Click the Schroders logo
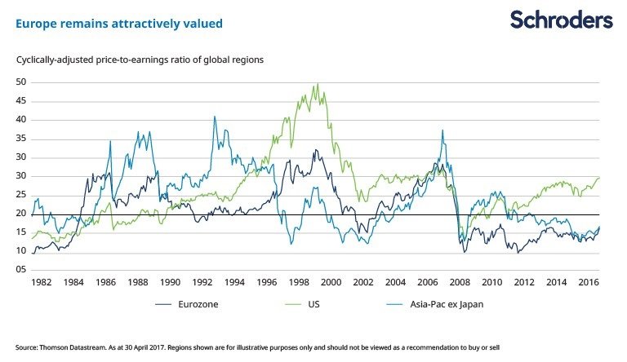[x=561, y=20]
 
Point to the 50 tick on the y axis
[x=21, y=82]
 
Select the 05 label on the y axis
[x=21, y=269]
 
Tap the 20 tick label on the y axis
[x=21, y=214]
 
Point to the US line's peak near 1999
[x=316, y=84]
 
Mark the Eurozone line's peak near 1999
[x=315, y=150]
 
